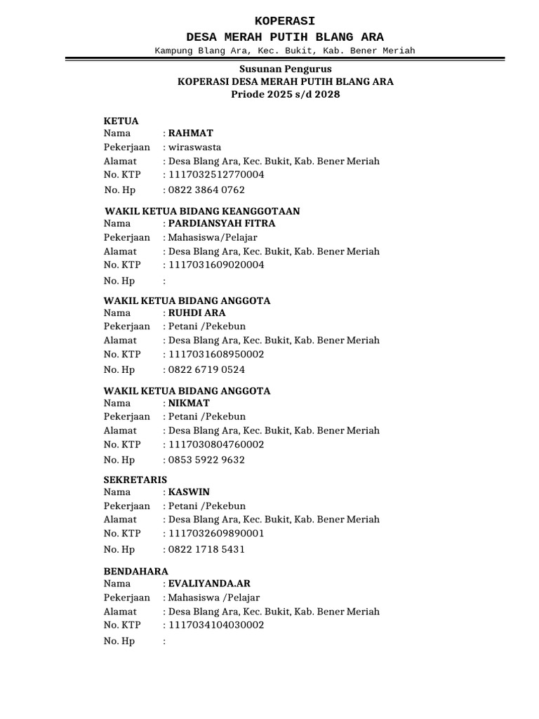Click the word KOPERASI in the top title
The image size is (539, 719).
point(285,21)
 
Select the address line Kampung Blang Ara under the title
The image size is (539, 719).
point(285,51)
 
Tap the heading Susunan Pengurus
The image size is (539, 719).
point(286,70)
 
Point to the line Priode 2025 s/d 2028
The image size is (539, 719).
point(286,94)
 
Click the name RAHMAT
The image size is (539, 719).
point(190,133)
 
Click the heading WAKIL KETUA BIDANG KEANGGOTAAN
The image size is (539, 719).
point(202,211)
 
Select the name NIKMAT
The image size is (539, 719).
point(189,403)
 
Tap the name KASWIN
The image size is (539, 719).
point(189,492)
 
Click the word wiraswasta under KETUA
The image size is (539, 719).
point(194,147)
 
